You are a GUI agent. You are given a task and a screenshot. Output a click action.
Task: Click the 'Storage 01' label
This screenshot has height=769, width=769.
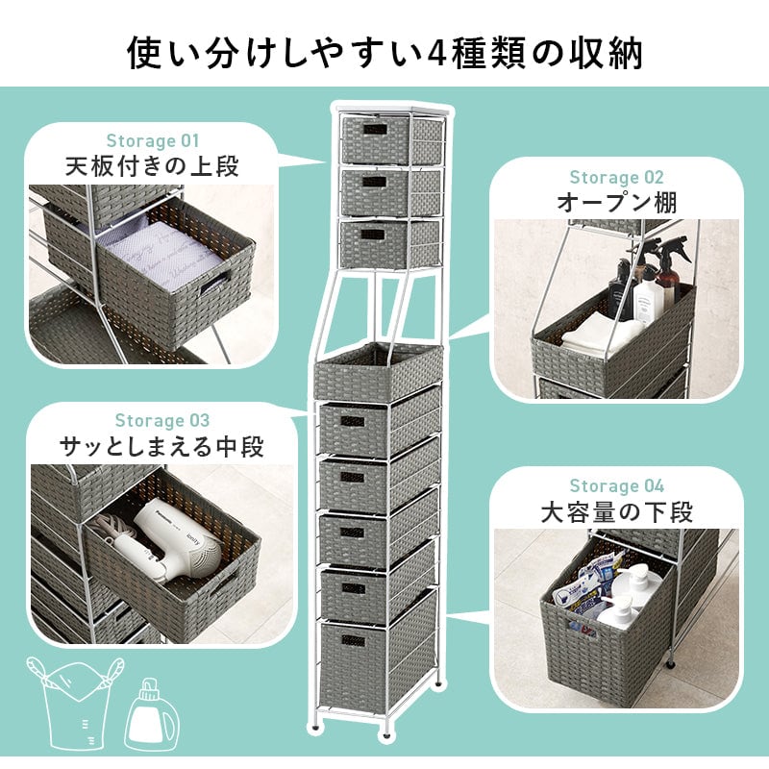153,140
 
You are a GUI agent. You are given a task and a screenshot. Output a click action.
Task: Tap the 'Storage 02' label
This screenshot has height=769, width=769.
616,177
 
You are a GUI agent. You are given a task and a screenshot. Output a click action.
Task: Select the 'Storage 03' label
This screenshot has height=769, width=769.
162,420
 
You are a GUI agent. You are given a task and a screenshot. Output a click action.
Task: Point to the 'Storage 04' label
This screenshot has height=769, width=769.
616,486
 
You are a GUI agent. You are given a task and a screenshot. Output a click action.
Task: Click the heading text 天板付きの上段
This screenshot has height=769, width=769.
153,166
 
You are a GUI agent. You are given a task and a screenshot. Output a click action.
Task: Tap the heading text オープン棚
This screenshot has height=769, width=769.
616,202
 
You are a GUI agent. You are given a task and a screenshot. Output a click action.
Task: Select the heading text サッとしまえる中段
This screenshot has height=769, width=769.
161,446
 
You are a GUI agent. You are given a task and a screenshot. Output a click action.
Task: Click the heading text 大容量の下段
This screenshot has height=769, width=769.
616,512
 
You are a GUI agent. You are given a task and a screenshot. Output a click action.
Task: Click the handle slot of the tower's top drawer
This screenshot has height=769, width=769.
375,129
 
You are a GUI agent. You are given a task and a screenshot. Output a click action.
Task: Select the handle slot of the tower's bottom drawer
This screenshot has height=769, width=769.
354,640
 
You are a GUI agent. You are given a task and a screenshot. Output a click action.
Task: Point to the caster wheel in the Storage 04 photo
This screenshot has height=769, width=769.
669,664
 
